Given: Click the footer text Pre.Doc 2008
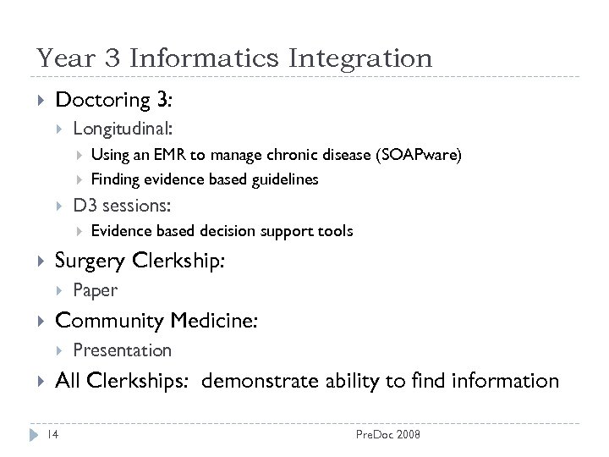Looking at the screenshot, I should pyautogui.click(x=387, y=434).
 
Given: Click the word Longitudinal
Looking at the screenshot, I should pyautogui.click(x=122, y=129).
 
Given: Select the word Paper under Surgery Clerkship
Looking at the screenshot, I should pyautogui.click(x=95, y=290).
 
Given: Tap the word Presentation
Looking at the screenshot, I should pyautogui.click(x=122, y=350).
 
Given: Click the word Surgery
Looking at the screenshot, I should pyautogui.click(x=91, y=262).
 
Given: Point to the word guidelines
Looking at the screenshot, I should pyautogui.click(x=281, y=179).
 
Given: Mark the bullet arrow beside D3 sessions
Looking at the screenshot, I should pyautogui.click(x=58, y=205).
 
